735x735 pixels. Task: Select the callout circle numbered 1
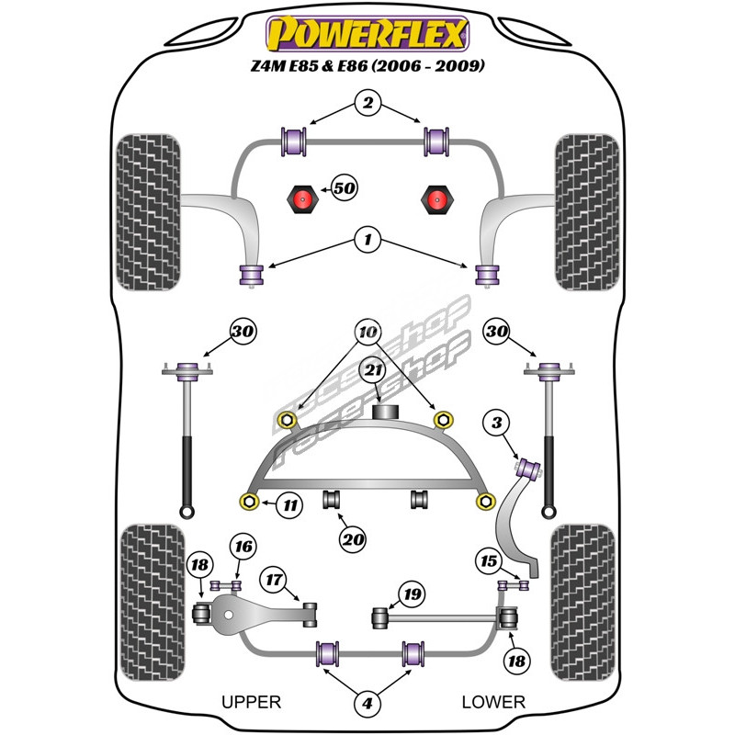(x=367, y=242)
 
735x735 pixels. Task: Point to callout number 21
(x=372, y=370)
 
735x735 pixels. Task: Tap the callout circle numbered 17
(x=274, y=581)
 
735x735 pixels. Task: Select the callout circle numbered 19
(x=413, y=594)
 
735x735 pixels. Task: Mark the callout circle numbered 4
(x=367, y=704)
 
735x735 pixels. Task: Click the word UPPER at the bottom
(x=251, y=702)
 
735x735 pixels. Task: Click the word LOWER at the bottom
(x=493, y=702)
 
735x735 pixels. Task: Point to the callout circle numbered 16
(x=243, y=548)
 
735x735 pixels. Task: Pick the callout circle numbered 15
(x=488, y=561)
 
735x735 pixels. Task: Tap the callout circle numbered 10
(x=367, y=331)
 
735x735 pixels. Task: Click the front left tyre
(x=147, y=211)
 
